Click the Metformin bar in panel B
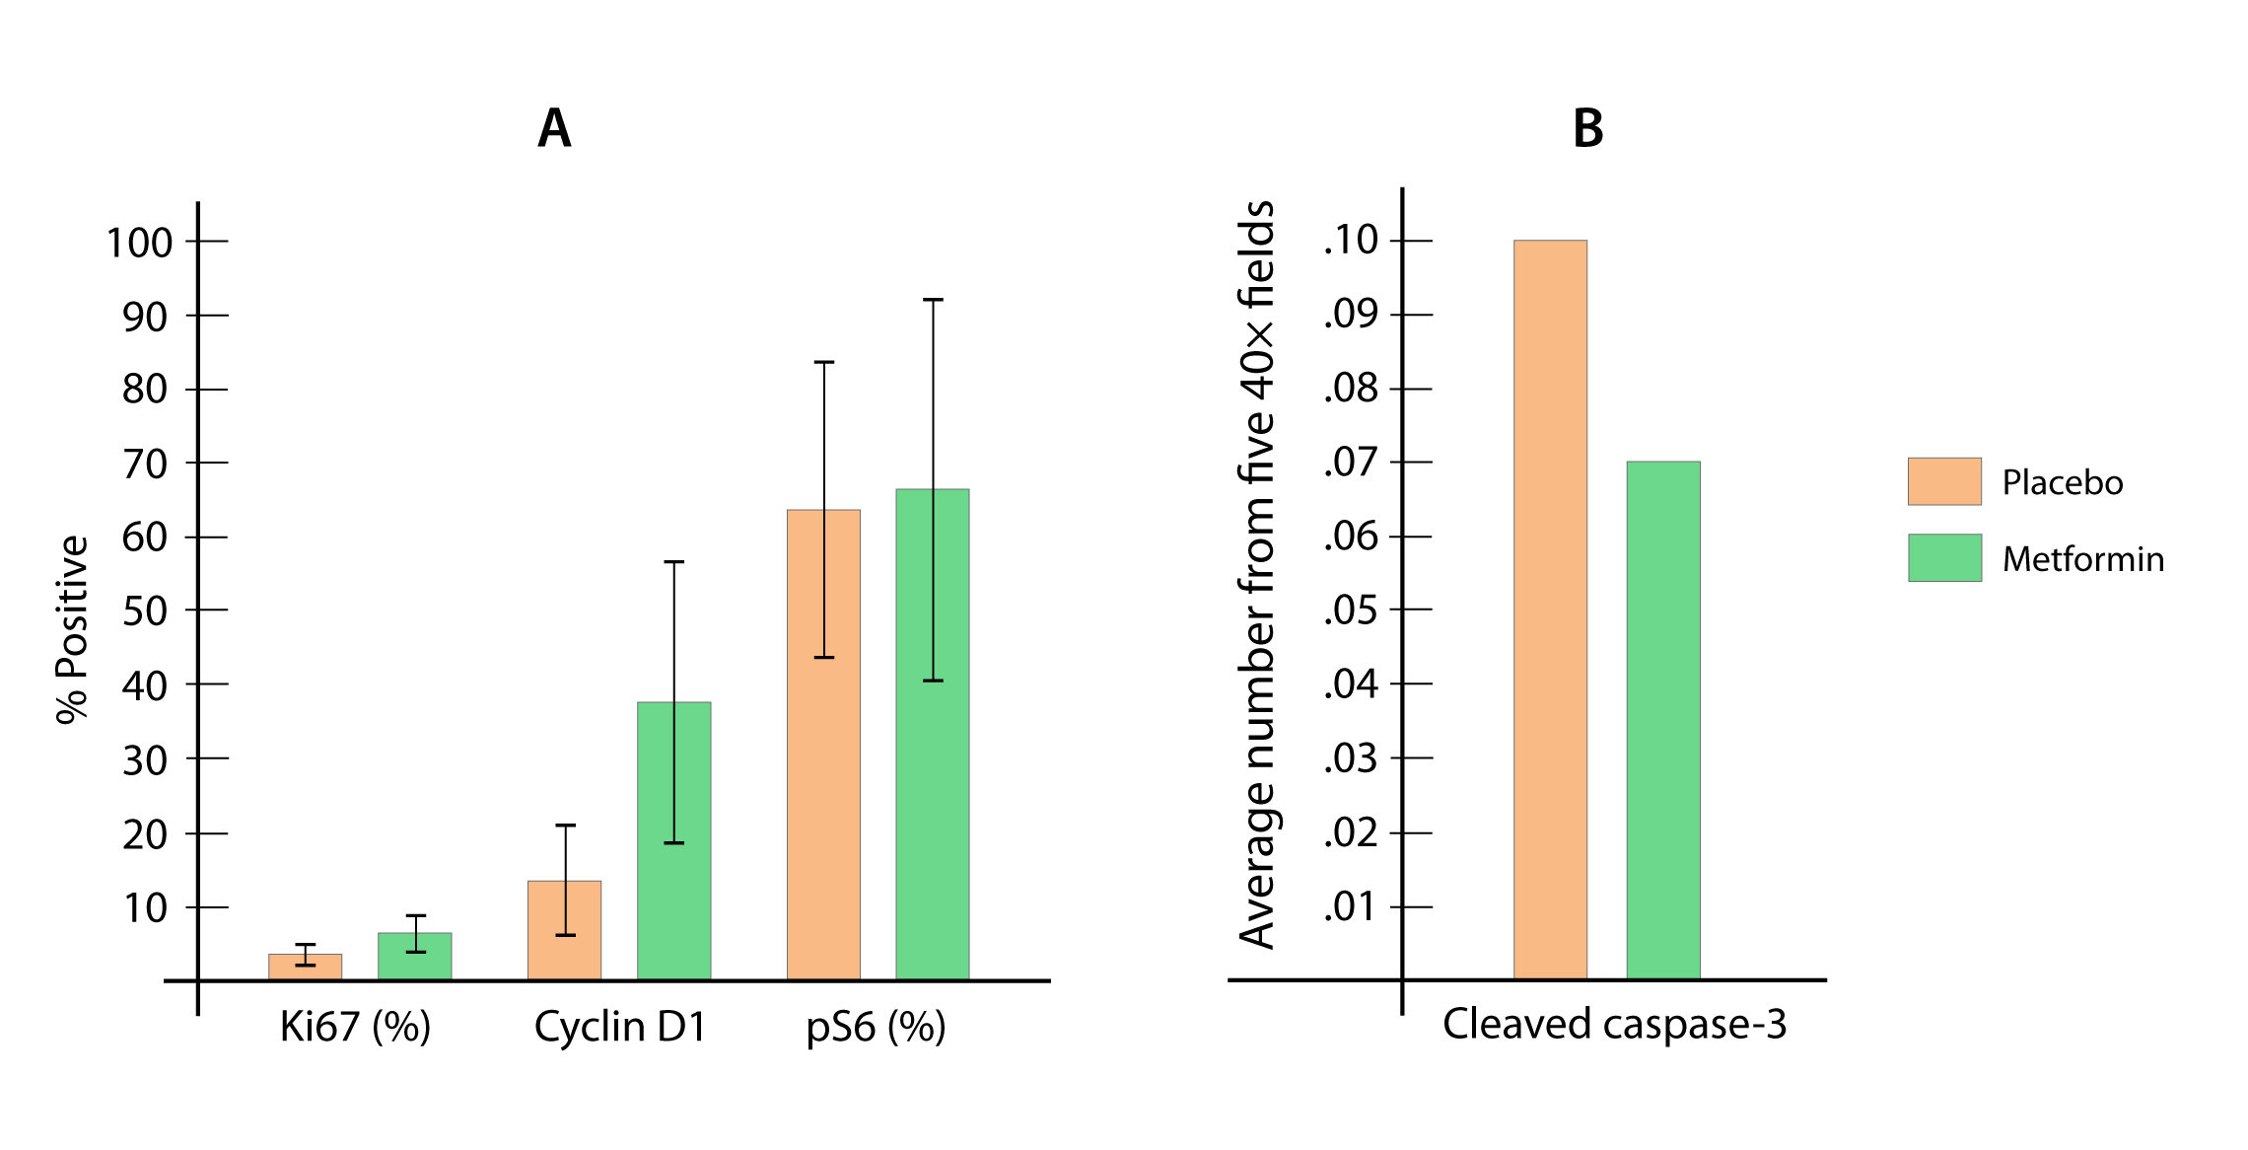click(1663, 720)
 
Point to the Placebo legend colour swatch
click(1944, 481)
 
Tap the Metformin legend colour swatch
click(1944, 558)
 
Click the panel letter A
click(554, 128)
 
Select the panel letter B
click(1588, 128)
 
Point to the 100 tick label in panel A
click(139, 243)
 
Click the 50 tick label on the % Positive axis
click(145, 611)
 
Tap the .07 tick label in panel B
click(1351, 462)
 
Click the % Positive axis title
click(72, 629)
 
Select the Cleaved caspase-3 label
click(1614, 1024)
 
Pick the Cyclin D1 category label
click(621, 1027)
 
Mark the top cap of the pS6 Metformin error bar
click(933, 299)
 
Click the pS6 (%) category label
click(877, 1027)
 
